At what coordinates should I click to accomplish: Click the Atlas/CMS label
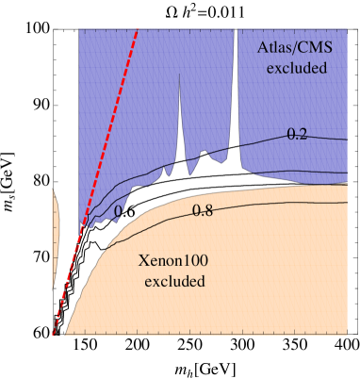tap(295, 49)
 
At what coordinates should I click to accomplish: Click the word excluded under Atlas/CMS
tap(296, 68)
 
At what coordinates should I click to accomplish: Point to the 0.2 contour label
tap(298, 134)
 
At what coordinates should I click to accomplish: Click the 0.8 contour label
tap(203, 211)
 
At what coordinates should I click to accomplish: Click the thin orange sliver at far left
tap(56, 236)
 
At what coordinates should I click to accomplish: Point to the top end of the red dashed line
tap(139, 29)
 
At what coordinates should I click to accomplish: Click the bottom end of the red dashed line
tap(54, 332)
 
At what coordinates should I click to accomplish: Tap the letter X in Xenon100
tap(143, 261)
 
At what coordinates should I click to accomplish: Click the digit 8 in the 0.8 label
tap(207, 211)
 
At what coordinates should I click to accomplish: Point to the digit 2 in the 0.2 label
tap(303, 134)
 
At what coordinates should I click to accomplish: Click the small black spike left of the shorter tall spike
tap(163, 171)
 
